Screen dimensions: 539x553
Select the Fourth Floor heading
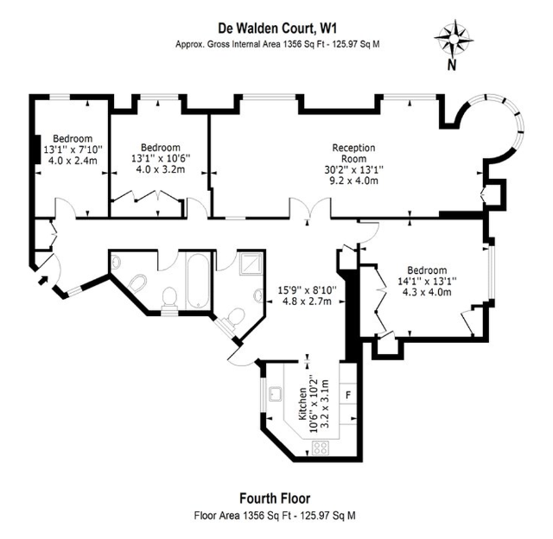click(274, 498)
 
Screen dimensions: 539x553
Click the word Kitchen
click(302, 403)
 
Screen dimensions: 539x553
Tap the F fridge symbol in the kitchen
click(349, 394)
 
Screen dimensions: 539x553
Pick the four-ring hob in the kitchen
click(321, 447)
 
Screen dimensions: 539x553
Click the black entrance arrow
click(41, 279)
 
